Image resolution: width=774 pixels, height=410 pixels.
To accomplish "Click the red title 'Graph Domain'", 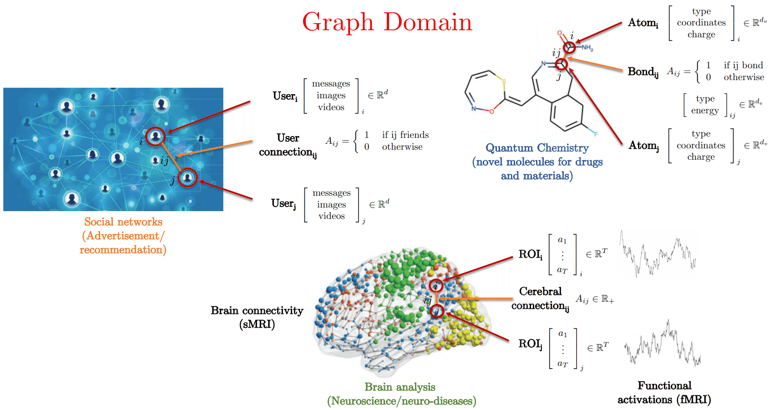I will tap(387, 22).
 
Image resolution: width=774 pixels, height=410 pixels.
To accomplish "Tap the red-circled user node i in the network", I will tap(156, 136).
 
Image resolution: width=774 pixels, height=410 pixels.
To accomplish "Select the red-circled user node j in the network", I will tap(187, 177).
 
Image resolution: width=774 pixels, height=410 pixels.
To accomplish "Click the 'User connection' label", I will tap(288, 145).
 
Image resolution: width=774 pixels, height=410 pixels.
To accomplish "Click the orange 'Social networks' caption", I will tap(123, 222).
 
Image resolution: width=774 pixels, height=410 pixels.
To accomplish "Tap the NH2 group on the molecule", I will tap(587, 47).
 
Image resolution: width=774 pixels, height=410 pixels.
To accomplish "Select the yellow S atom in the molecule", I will tap(504, 81).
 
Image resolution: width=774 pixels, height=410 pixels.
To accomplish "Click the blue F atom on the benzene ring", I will tap(595, 134).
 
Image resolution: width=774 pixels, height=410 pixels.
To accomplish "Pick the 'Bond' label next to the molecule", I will tap(642, 71).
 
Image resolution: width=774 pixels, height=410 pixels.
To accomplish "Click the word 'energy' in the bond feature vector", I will tap(705, 110).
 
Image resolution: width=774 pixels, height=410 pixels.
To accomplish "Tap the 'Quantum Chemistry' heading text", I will tap(537, 148).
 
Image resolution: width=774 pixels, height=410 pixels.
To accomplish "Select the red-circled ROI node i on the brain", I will tap(436, 285).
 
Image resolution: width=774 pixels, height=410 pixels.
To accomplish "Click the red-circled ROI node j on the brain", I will tap(437, 311).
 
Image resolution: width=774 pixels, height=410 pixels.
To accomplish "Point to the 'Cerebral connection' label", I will tap(540, 298).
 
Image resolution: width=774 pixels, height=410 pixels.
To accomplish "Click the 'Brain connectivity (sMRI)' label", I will tap(257, 317).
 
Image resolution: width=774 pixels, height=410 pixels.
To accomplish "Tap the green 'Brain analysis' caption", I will tap(400, 387).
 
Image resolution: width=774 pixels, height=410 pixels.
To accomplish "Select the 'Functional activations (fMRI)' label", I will tap(664, 392).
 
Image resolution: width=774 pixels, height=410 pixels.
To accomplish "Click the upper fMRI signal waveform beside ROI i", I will tap(658, 254).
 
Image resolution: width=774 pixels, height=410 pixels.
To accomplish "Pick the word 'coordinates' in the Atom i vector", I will tap(701, 22).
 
